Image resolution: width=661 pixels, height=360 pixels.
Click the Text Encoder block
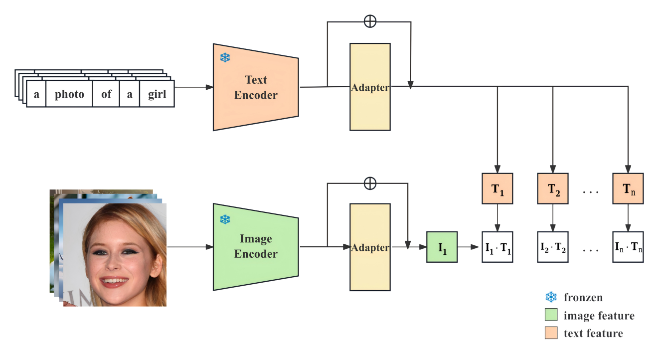click(x=256, y=87)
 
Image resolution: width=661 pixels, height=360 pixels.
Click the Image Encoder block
click(x=256, y=246)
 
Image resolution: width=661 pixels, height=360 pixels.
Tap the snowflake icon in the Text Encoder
click(x=225, y=58)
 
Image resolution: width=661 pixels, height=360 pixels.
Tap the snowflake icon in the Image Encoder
click(x=225, y=219)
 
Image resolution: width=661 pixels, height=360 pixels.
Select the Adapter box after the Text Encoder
click(x=370, y=87)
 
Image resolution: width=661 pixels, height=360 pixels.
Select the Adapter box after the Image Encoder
click(x=370, y=247)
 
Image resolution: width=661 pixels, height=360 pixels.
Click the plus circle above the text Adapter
click(x=370, y=21)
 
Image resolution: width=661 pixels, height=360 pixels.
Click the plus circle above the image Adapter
click(x=370, y=183)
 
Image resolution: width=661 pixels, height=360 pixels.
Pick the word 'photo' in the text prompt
click(x=69, y=94)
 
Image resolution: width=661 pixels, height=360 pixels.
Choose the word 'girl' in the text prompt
click(x=157, y=94)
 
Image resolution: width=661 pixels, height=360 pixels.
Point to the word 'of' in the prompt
click(x=106, y=94)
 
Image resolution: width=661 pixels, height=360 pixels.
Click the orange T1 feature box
click(x=497, y=188)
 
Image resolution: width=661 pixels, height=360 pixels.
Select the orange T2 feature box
click(x=553, y=188)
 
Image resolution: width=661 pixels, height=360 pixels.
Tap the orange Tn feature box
click(x=628, y=188)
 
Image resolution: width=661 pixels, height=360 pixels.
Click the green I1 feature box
click(x=442, y=247)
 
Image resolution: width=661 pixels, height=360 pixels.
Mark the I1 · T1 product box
click(x=497, y=247)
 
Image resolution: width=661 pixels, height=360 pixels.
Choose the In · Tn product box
click(x=628, y=247)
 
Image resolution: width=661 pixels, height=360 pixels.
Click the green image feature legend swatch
click(x=551, y=315)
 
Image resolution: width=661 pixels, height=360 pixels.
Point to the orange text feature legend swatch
click(x=551, y=333)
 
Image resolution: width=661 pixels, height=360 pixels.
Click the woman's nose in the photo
click(x=114, y=262)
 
